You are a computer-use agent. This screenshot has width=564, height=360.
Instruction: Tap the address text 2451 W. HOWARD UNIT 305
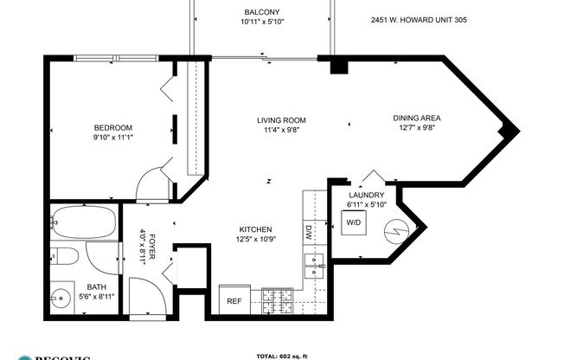click(419, 19)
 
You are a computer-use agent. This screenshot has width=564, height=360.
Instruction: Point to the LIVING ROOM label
click(282, 120)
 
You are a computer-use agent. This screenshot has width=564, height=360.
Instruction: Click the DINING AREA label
click(419, 119)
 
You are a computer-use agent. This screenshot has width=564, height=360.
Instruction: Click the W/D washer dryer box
click(355, 222)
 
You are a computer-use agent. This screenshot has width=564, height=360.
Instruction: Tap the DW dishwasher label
click(309, 231)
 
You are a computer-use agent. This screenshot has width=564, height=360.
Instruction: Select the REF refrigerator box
click(234, 301)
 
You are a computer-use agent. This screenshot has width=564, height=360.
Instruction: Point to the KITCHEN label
click(256, 229)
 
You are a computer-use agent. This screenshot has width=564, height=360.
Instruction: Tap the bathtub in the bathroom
click(84, 224)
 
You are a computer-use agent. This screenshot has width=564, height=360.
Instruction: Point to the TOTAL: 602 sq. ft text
click(282, 355)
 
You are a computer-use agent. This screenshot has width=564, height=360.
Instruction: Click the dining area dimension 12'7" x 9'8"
click(419, 128)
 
